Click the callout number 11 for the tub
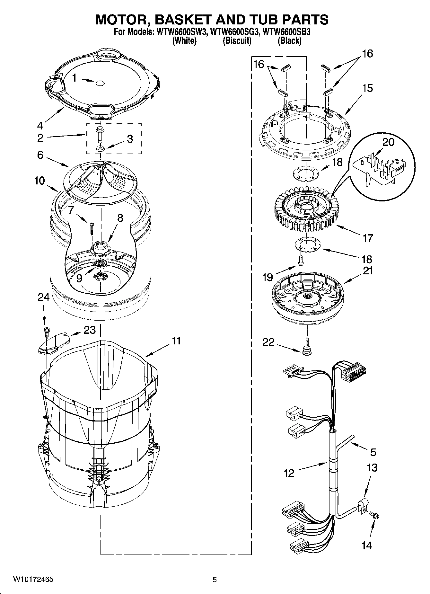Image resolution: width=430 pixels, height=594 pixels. pos(176,341)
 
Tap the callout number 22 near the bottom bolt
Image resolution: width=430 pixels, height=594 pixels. pos(268,342)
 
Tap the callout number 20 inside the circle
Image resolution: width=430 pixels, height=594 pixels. pos(389,142)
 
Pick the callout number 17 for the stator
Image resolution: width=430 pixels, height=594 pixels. pos(368,238)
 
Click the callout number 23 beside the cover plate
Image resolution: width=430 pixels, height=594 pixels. pos(90,330)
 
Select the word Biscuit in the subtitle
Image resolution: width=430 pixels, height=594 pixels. pos(237,41)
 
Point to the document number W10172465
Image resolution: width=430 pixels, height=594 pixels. pos(33,580)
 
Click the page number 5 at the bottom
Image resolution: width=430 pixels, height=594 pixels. pos(215,580)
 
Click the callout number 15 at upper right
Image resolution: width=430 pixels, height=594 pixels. pos(368,88)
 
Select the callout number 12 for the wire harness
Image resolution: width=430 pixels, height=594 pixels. pos(289,473)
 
